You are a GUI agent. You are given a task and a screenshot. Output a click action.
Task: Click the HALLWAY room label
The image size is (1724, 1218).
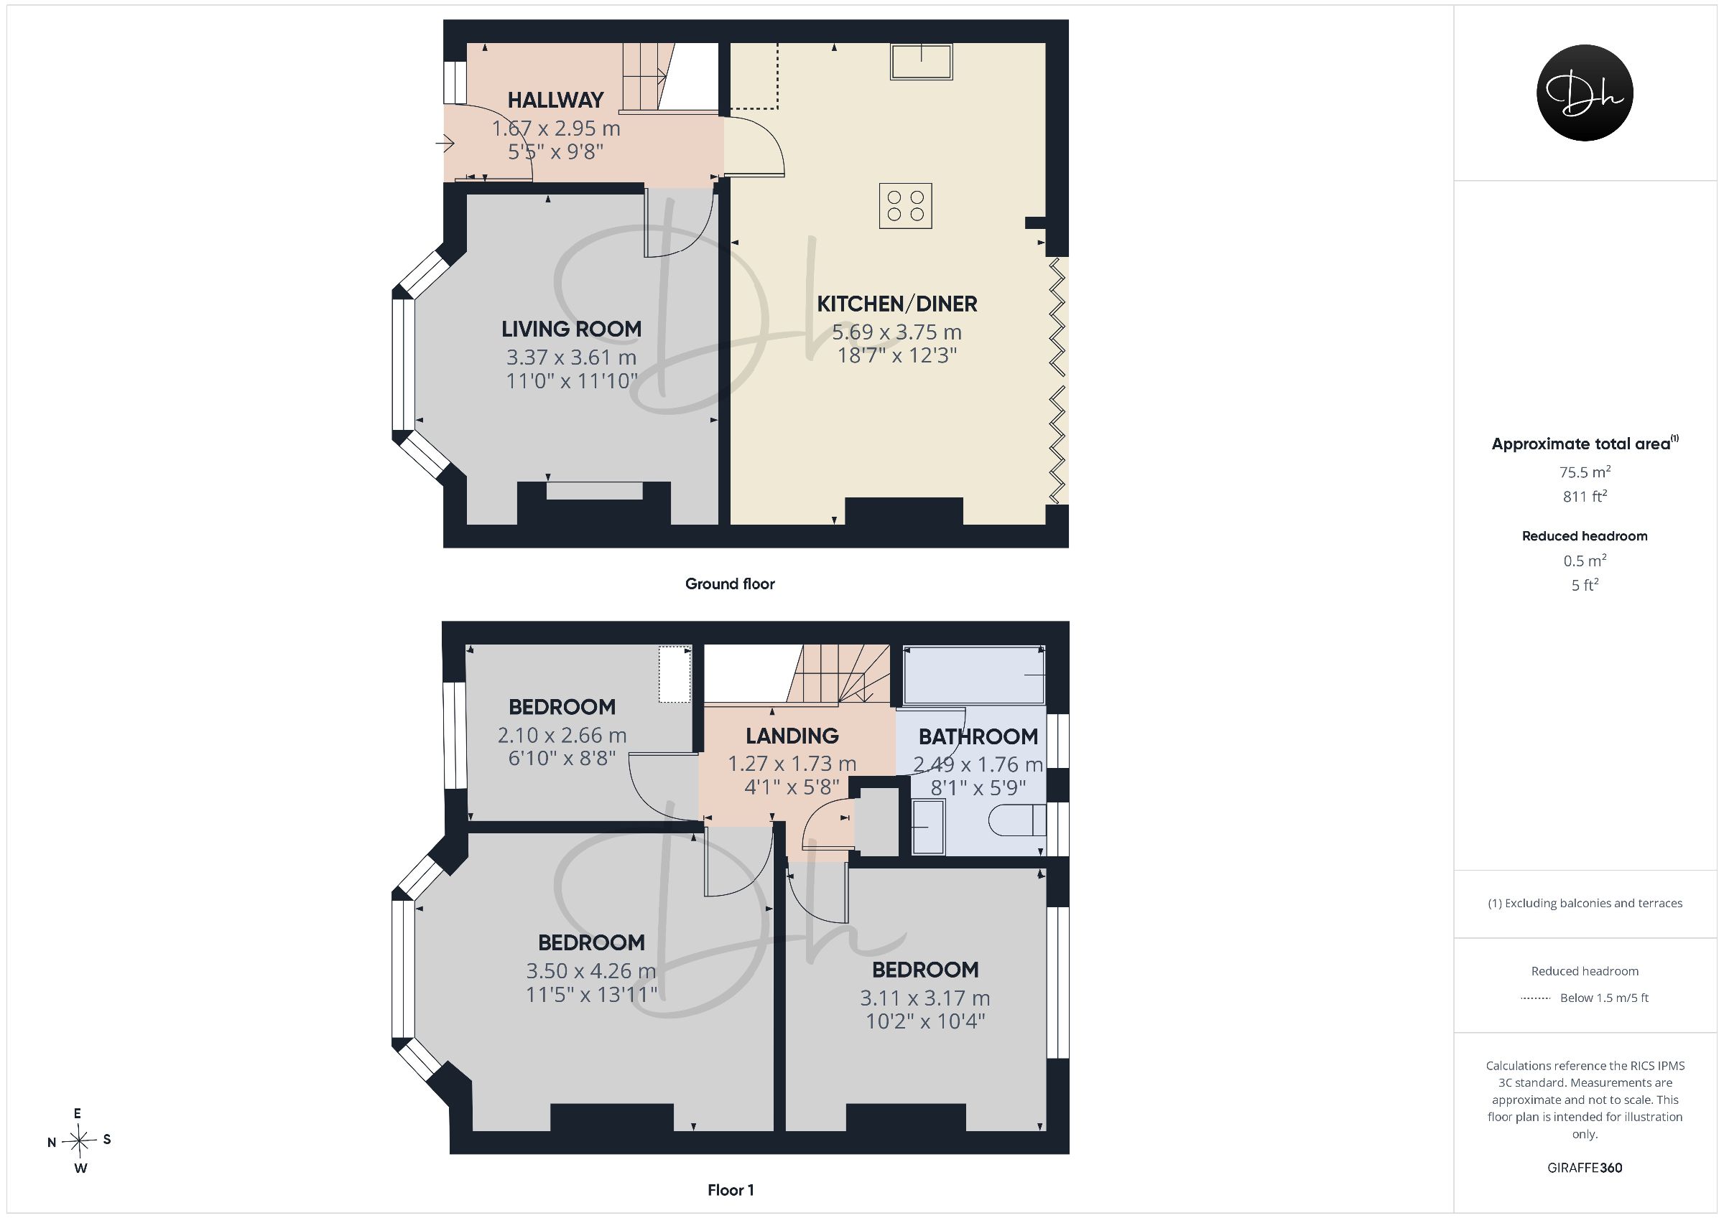tap(556, 100)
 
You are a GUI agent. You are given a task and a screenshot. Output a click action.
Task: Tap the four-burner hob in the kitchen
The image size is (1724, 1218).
tap(906, 205)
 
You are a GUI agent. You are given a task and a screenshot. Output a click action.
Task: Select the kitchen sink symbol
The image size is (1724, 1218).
tap(922, 62)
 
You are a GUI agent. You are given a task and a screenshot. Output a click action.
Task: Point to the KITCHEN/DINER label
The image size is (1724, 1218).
tap(897, 304)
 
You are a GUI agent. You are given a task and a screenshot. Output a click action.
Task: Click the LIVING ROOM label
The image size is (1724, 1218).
tap(571, 329)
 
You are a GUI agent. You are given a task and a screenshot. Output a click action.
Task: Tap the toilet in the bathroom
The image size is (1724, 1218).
tap(1017, 820)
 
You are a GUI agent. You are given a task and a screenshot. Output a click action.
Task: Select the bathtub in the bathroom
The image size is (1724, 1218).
tap(975, 675)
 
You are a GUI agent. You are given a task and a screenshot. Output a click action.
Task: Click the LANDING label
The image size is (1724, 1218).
tap(792, 736)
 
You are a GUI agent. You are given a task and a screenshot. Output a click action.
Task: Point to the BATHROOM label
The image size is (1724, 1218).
tap(978, 737)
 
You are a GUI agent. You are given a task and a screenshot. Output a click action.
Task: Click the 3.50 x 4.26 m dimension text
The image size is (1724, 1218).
tap(591, 971)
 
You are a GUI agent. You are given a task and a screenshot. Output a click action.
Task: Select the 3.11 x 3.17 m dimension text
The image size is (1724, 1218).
tap(925, 998)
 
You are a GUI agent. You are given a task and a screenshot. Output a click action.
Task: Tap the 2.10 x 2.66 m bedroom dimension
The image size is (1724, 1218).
tap(562, 736)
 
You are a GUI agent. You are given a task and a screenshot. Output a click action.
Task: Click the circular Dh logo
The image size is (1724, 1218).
tap(1585, 93)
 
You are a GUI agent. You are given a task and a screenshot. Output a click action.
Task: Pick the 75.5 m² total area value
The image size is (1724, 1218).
tap(1585, 472)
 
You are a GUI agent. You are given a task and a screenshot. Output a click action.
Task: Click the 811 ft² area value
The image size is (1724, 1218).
tap(1585, 496)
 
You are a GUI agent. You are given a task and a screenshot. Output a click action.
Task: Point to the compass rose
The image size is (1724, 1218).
tap(79, 1141)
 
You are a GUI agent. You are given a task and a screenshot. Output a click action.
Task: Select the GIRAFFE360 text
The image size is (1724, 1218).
tap(1585, 1168)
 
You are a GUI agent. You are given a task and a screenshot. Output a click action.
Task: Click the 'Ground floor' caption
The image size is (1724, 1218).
tap(730, 584)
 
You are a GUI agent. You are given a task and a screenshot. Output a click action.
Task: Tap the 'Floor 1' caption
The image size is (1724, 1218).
tap(731, 1190)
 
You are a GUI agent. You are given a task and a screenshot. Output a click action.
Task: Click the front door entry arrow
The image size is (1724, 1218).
tap(445, 143)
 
